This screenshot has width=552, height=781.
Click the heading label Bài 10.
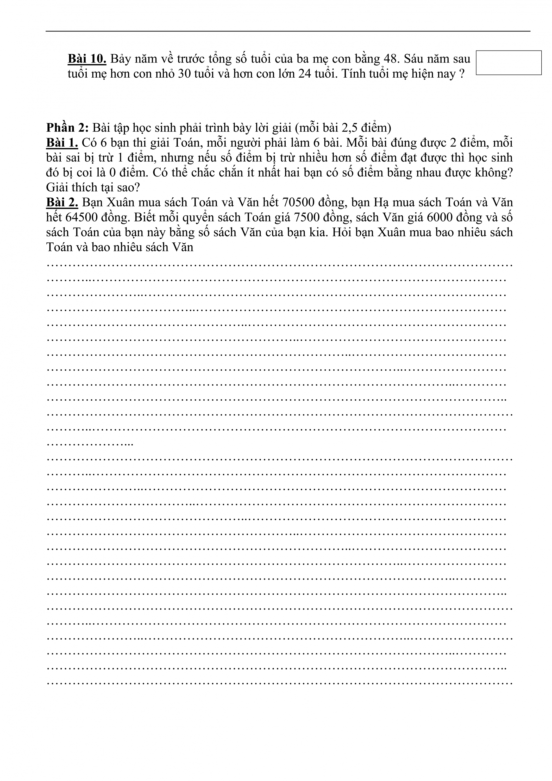[87, 59]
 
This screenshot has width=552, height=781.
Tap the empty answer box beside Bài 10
[509, 62]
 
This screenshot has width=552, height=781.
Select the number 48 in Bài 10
[390, 59]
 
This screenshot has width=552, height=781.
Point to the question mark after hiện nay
[462, 74]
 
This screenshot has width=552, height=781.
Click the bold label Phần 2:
[67, 128]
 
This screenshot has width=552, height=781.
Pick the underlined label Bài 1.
[62, 142]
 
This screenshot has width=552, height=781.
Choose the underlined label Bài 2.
[62, 202]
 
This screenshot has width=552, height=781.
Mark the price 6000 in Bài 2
[440, 217]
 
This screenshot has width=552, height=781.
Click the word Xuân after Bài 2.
[121, 202]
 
